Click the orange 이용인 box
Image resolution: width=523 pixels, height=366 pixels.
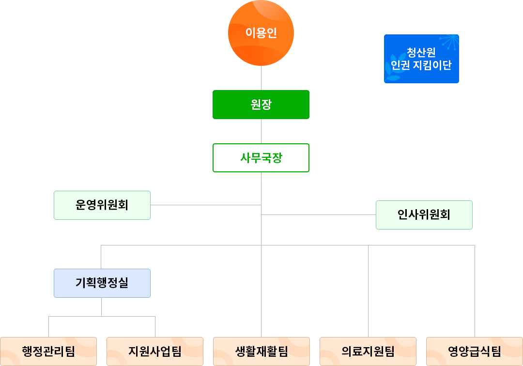(x=261, y=33)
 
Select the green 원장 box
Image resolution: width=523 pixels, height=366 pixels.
(x=261, y=104)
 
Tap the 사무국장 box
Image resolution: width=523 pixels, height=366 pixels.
(x=261, y=158)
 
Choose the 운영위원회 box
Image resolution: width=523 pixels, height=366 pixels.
(x=102, y=205)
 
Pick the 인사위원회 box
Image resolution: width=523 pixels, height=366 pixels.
(x=424, y=214)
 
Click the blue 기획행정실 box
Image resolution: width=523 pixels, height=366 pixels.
(x=102, y=283)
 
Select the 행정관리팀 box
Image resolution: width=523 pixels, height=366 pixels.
(x=48, y=351)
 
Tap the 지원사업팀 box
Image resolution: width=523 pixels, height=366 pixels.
(x=155, y=351)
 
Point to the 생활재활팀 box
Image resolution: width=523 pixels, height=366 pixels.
(x=261, y=351)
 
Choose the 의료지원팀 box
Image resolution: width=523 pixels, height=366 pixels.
(x=368, y=351)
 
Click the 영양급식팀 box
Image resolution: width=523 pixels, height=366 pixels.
(x=475, y=351)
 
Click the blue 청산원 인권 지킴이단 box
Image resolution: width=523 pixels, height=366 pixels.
(x=421, y=59)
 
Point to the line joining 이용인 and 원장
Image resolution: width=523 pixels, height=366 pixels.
(x=261, y=77)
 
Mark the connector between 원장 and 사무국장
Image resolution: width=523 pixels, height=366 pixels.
(x=261, y=131)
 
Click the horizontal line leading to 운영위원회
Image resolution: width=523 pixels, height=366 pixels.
(x=206, y=205)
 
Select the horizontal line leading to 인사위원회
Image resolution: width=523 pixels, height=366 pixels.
(x=319, y=214)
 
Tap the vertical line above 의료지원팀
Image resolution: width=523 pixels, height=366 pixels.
(x=368, y=290)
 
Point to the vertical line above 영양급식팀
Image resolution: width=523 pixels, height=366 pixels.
(x=475, y=290)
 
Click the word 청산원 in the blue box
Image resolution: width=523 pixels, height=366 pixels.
(x=421, y=52)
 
